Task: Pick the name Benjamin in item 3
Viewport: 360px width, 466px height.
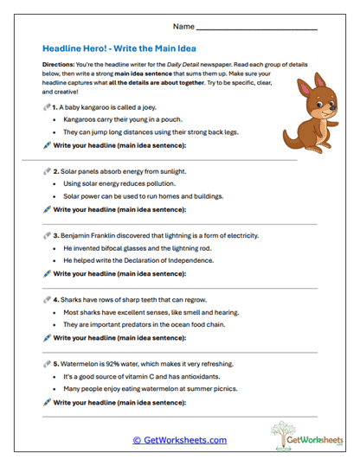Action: click(77, 235)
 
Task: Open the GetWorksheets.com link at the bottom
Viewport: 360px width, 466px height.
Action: click(179, 440)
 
